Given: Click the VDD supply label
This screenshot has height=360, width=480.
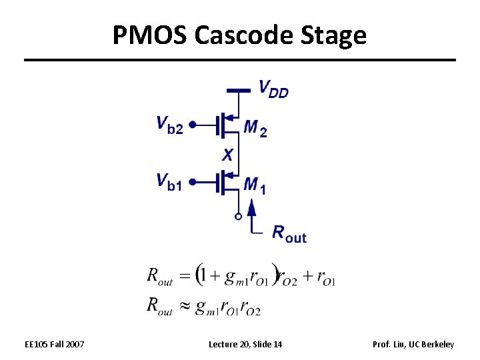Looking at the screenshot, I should (x=273, y=89).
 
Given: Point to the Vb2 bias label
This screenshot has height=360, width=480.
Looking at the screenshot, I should (x=169, y=124).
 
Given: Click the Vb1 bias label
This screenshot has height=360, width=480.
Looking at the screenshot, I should (x=169, y=181).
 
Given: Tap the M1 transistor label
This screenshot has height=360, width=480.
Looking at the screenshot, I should (x=255, y=185).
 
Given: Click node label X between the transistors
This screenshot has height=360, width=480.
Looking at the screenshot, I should (x=228, y=155).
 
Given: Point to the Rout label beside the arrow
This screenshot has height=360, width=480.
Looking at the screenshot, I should (x=289, y=233).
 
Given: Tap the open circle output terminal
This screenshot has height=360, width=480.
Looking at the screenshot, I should (x=237, y=216).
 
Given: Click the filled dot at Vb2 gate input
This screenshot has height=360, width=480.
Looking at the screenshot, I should (x=192, y=124).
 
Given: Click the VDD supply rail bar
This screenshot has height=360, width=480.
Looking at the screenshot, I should (x=238, y=89).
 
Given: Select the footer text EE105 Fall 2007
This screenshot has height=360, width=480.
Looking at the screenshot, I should (x=54, y=344).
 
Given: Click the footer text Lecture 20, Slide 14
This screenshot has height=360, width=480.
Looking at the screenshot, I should (x=245, y=344).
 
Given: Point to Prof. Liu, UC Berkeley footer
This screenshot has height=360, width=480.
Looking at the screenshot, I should (x=413, y=344).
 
